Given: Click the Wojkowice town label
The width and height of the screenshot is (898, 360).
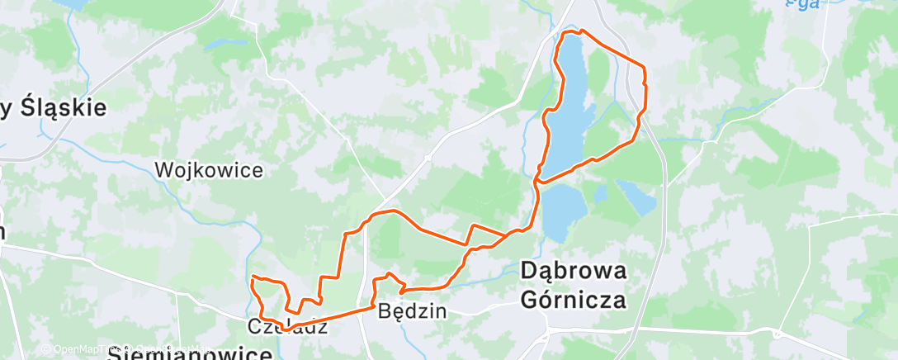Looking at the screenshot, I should [209, 171].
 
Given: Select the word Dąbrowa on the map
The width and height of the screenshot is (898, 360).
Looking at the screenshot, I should [574, 271].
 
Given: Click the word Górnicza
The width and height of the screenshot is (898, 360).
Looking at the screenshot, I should [574, 299].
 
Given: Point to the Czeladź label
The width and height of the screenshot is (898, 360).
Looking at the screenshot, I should [288, 327].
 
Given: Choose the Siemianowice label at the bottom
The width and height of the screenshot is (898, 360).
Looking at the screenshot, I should [192, 354].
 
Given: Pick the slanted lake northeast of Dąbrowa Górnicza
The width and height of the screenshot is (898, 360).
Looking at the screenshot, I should [636, 197].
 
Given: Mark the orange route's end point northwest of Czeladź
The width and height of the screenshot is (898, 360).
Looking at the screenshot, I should [253, 276].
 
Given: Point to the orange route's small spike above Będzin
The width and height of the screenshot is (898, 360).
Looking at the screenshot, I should [389, 273].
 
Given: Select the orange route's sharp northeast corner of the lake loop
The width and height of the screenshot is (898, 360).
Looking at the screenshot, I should [643, 68].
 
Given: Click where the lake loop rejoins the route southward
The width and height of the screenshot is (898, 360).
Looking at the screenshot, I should [537, 179].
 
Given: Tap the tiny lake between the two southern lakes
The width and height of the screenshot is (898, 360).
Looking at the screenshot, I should [600, 195].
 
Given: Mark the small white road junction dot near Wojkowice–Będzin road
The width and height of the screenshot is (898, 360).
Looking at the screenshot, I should [427, 157].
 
